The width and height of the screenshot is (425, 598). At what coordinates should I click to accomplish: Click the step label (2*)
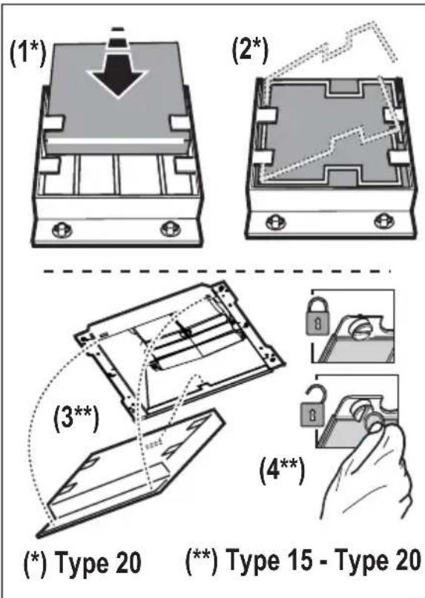[250, 50]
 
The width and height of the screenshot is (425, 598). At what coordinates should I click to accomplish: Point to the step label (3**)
[76, 418]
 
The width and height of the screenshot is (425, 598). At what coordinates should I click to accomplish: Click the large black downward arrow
[118, 70]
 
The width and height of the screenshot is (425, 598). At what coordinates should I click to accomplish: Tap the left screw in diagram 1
[61, 229]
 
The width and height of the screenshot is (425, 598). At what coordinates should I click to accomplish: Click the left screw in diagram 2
[274, 223]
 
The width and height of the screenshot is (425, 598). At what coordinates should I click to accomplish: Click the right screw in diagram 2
[383, 221]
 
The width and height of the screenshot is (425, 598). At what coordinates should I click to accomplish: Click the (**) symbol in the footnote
[201, 561]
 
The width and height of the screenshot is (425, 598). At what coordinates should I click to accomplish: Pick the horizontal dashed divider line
[217, 272]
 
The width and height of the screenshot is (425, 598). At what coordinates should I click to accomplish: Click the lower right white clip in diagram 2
[397, 157]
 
